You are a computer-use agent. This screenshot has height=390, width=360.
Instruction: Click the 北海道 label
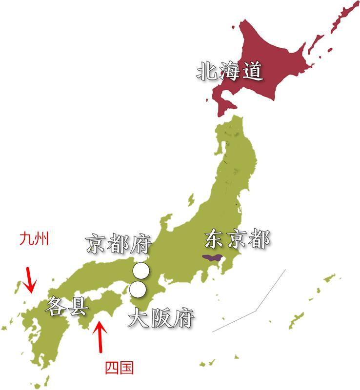click(x=230, y=72)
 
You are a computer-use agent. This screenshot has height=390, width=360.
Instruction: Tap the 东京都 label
click(x=237, y=240)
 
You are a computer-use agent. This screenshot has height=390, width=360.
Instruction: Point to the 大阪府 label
click(x=161, y=318)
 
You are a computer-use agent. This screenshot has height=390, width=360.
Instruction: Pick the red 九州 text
click(x=34, y=240)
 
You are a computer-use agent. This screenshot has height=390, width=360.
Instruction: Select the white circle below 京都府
click(x=141, y=270)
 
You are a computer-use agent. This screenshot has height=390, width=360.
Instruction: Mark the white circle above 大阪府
click(x=138, y=289)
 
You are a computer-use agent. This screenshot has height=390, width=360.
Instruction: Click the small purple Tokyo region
click(x=213, y=257)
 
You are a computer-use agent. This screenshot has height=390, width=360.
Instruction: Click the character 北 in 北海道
click(x=207, y=72)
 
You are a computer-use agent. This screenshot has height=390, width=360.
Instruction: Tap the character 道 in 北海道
click(x=253, y=72)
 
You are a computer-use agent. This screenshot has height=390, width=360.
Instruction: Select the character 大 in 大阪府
click(x=138, y=318)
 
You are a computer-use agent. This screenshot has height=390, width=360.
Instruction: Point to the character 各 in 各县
click(x=55, y=307)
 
